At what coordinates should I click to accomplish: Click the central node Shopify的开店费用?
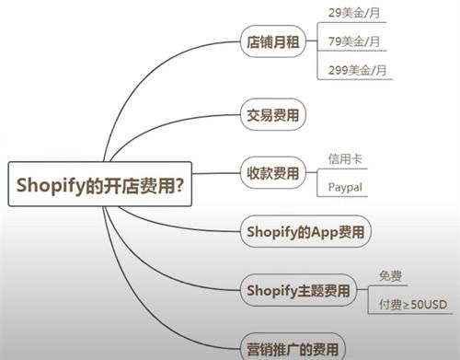coord(99,184)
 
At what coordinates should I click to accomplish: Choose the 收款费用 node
coord(273,172)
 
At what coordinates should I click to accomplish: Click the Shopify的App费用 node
coord(305,230)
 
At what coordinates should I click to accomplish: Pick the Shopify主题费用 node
coord(298,291)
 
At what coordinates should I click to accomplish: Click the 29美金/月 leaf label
coord(354,14)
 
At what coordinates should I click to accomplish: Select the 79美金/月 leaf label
coord(354,41)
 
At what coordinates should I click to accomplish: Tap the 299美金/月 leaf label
coord(357,70)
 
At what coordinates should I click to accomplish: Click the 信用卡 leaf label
coord(344,158)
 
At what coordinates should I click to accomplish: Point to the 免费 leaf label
coord(390,275)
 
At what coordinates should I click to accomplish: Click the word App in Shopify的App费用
coord(325,230)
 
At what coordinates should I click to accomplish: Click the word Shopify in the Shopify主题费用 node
coord(268,291)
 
